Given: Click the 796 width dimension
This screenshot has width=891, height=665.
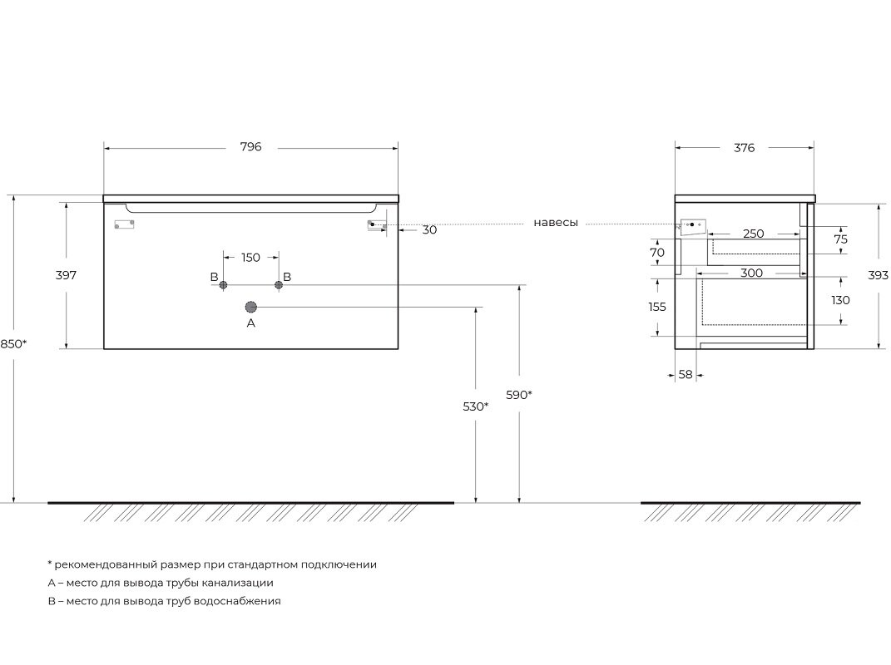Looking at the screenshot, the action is tap(250, 147).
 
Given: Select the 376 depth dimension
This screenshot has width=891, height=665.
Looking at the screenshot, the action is tap(744, 148).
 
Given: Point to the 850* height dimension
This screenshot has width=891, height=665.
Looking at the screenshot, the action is tap(13, 343).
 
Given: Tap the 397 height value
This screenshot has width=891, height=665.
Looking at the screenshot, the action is tap(66, 275).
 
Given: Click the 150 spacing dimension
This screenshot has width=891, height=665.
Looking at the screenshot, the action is tap(250, 257).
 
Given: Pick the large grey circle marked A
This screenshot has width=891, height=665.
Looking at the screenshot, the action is tap(251, 308).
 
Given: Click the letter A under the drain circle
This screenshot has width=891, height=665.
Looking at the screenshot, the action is tap(251, 323).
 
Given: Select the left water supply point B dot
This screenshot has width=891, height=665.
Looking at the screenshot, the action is tap(223, 284).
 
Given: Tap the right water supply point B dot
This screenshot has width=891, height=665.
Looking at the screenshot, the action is tap(279, 284).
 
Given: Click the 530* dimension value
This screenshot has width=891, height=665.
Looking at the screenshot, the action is tap(476, 406).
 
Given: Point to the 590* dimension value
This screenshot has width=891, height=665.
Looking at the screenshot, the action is tap(519, 395).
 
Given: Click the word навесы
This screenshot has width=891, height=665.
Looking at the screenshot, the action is tap(556, 223).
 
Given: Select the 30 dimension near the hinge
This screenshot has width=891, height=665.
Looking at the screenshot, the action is tap(429, 230).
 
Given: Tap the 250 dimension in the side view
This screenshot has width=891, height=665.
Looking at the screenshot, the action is tap(754, 234).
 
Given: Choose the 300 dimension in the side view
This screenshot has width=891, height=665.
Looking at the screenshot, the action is tap(751, 273).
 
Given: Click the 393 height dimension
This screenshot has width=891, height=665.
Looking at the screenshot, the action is tap(878, 275).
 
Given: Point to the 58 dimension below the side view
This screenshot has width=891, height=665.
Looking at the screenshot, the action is tap(686, 375).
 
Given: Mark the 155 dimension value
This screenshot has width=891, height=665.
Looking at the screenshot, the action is tap(657, 307).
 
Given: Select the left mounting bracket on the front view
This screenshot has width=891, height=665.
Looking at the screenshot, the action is tap(125, 224).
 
